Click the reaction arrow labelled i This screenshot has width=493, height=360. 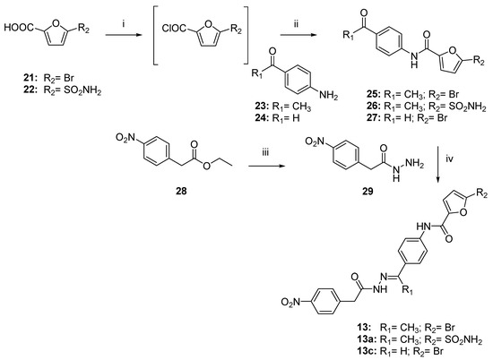[x=124, y=35]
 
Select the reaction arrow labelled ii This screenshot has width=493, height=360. [x=298, y=35]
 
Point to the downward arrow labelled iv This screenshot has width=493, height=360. [x=438, y=164]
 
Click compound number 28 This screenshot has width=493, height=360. [x=181, y=191]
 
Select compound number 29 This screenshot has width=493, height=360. [x=368, y=191]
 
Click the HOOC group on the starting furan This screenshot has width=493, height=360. [x=19, y=28]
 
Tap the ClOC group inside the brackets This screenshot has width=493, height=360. [x=175, y=29]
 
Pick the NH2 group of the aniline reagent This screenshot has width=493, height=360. [x=329, y=95]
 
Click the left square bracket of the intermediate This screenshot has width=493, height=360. [x=154, y=35]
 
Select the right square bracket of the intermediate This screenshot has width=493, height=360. [x=247, y=35]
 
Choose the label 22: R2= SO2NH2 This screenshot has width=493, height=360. [x=62, y=91]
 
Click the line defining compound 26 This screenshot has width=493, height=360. [x=426, y=107]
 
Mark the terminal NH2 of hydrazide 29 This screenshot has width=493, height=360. [x=415, y=163]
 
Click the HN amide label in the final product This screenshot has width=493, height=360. [x=423, y=226]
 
